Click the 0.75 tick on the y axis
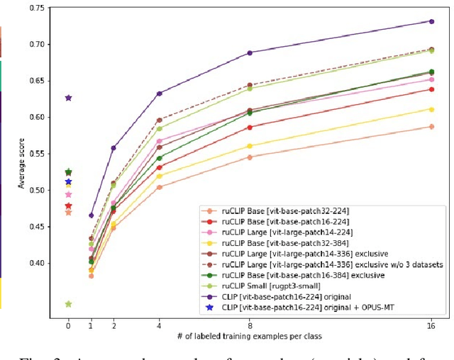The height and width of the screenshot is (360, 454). [35, 8]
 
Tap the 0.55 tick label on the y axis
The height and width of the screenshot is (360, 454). [35, 154]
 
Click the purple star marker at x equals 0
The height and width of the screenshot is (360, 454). [68, 98]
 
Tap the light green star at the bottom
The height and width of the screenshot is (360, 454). [68, 304]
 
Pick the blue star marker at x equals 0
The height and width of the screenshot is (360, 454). [68, 182]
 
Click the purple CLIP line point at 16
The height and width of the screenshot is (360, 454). [431, 21]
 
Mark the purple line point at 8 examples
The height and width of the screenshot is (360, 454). [249, 53]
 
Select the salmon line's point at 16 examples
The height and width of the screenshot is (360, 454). [431, 127]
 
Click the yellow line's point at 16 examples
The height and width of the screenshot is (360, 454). [431, 109]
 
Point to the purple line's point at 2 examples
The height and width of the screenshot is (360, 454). [113, 148]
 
